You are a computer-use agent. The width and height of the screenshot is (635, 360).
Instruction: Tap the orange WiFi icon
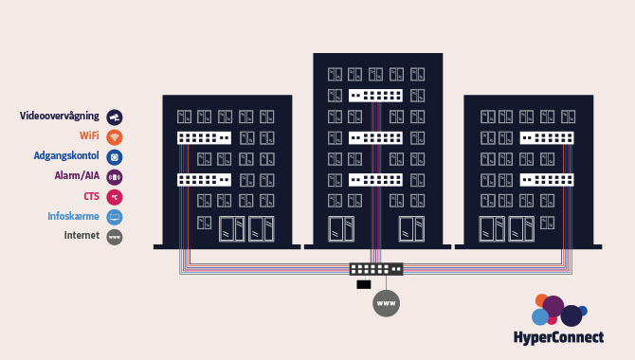click(115, 136)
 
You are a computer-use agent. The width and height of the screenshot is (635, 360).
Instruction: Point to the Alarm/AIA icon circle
click(115, 176)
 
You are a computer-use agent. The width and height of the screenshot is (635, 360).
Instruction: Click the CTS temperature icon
click(115, 196)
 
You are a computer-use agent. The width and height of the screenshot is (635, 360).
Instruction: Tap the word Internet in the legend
click(82, 236)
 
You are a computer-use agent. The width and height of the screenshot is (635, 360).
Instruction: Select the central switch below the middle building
click(376, 269)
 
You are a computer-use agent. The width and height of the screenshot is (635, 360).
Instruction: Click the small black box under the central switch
click(363, 284)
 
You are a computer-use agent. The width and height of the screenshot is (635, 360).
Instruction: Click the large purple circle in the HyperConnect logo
click(553, 306)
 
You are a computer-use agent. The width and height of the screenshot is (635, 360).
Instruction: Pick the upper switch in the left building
click(204, 137)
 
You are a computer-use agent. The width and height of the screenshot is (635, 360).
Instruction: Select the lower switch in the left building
click(204, 179)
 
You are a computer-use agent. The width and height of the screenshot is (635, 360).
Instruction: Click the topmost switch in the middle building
click(375, 96)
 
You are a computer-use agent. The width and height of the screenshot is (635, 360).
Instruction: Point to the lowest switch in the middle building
click(375, 179)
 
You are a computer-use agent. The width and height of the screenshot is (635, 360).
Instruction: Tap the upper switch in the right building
click(547, 137)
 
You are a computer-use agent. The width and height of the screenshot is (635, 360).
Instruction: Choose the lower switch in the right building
click(547, 179)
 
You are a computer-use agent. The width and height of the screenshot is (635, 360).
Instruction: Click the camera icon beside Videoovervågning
click(115, 117)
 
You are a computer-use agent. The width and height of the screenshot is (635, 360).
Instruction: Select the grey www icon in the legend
click(115, 237)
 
